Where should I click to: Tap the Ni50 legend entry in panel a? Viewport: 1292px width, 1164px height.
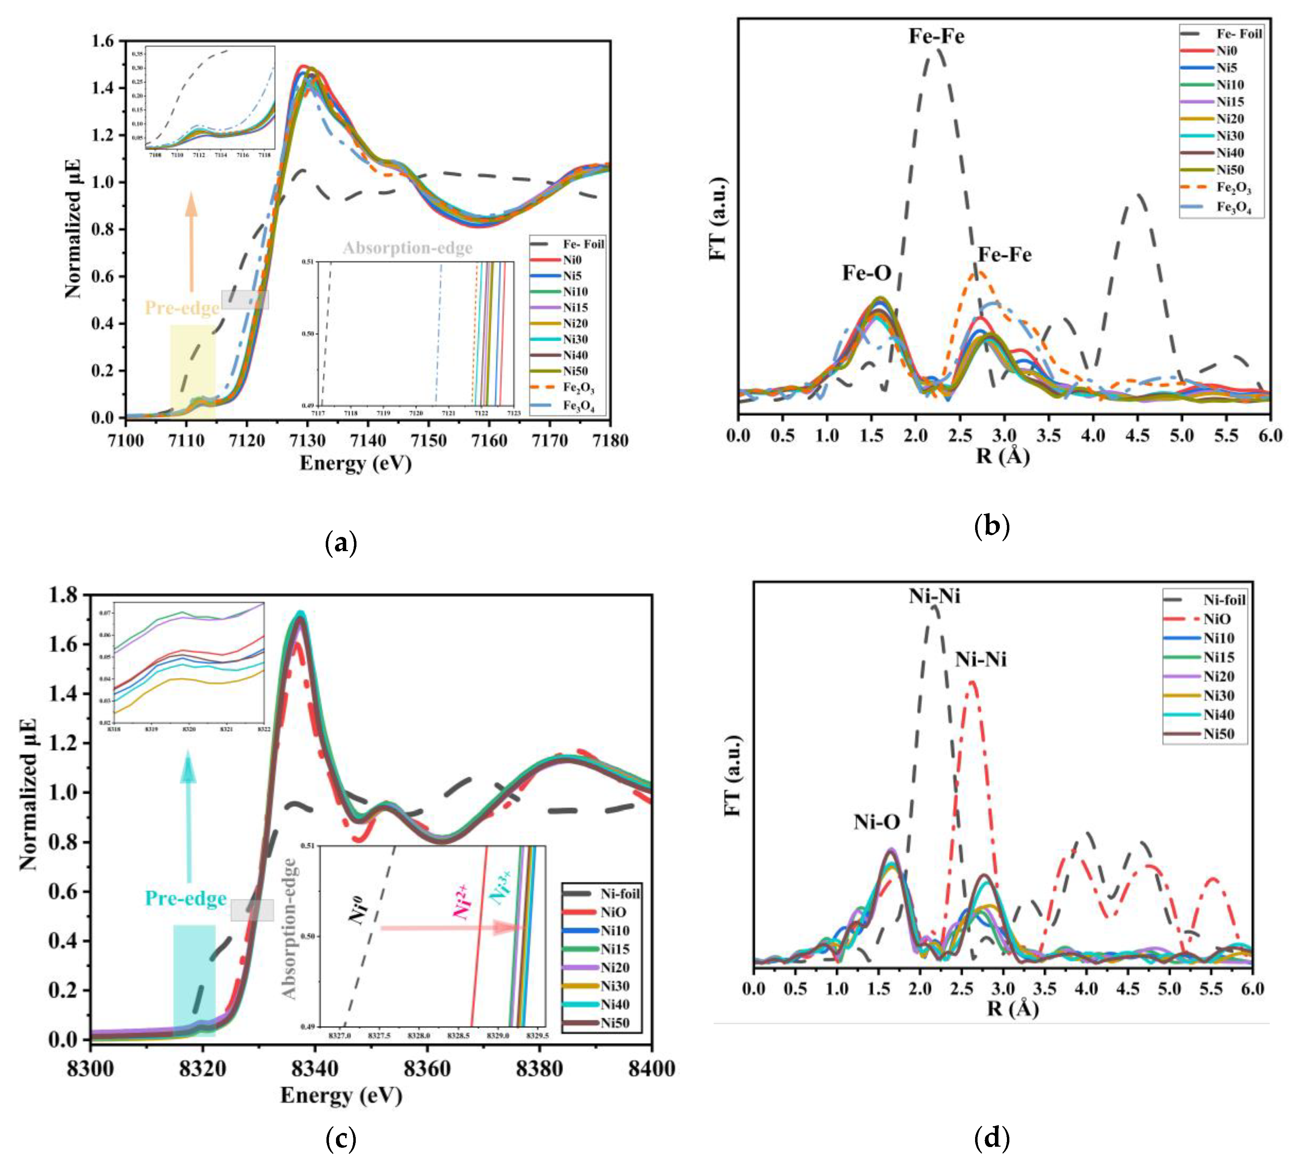pos(575,371)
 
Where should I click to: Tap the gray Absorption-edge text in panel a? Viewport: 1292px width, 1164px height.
pos(407,248)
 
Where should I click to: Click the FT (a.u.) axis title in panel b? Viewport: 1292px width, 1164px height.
pos(719,218)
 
